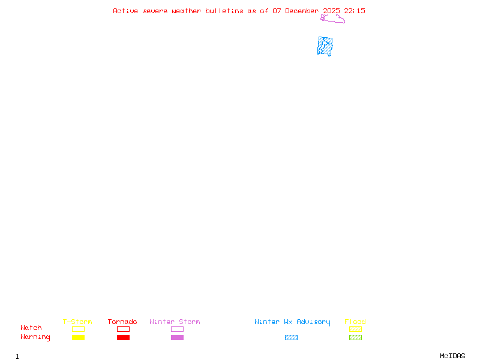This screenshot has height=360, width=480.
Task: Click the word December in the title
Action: coord(302,11)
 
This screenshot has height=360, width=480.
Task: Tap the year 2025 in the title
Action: coord(331,11)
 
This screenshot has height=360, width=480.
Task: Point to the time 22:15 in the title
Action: coord(355,11)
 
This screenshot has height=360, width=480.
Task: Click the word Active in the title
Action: coord(125,11)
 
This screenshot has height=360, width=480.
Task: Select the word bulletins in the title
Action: coord(224,11)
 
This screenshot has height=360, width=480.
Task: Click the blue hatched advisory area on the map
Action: coord(325,46)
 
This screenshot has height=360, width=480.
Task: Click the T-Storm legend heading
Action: coord(77,322)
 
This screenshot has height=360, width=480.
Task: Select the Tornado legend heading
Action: coord(122,322)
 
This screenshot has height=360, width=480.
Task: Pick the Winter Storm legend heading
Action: coord(175,322)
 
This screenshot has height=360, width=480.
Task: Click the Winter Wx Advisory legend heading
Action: coord(292,322)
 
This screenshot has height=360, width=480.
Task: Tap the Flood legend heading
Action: coord(355,322)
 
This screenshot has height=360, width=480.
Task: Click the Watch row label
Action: coord(31,328)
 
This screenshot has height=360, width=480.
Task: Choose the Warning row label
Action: coord(35,337)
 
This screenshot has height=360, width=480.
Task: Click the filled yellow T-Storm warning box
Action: coord(79,338)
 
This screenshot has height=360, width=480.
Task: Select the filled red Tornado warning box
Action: coord(124,338)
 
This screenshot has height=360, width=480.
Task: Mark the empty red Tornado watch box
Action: coord(124,326)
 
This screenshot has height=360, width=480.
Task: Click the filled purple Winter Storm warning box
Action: coord(177,338)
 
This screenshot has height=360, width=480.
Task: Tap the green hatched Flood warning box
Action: coord(355,338)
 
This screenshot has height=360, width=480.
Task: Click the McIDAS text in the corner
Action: coord(452,356)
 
